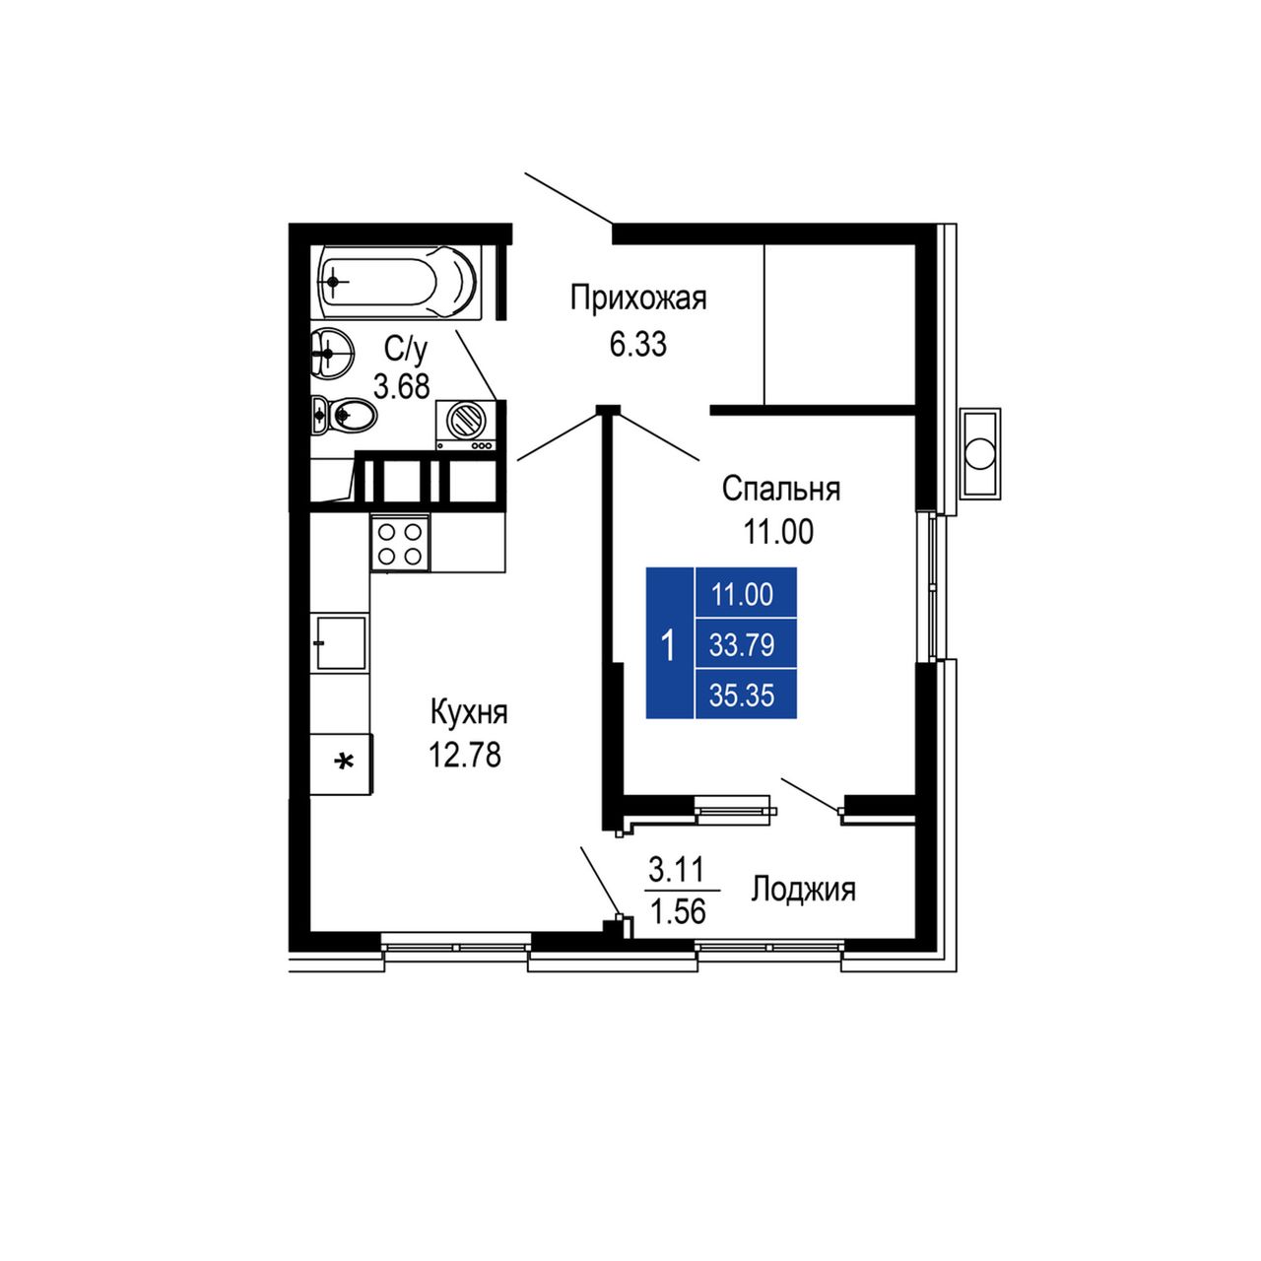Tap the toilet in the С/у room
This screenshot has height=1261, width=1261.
click(343, 414)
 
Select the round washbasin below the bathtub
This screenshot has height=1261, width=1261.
click(332, 352)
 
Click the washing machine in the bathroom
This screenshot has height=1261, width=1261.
click(466, 426)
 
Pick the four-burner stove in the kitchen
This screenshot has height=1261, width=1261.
click(400, 543)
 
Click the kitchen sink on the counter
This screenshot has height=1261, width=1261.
click(340, 641)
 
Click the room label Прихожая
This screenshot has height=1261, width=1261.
click(638, 299)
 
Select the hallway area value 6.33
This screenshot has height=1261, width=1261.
click(638, 344)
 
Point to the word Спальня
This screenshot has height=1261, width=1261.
click(780, 489)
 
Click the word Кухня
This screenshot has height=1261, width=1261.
click(469, 712)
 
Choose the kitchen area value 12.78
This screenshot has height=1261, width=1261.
click(465, 755)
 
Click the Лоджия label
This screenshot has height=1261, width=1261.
click(803, 890)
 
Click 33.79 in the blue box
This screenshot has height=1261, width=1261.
click(742, 646)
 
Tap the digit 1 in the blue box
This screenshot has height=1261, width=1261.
click(668, 646)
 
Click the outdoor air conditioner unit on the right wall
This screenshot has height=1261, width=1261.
click(979, 451)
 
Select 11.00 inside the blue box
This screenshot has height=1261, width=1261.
click(742, 595)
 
